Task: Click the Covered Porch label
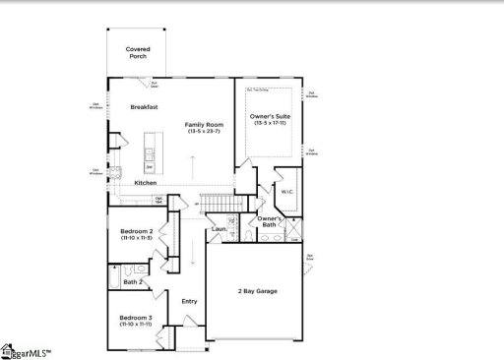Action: point(138,52)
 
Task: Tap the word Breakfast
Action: point(145,107)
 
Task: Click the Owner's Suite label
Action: point(269,117)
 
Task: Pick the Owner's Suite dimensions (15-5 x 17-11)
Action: point(269,124)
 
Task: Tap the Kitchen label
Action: point(145,183)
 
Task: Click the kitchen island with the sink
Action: point(150,157)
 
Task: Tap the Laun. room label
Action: point(219,230)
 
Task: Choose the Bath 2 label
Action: point(134,282)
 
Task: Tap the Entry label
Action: point(189,302)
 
